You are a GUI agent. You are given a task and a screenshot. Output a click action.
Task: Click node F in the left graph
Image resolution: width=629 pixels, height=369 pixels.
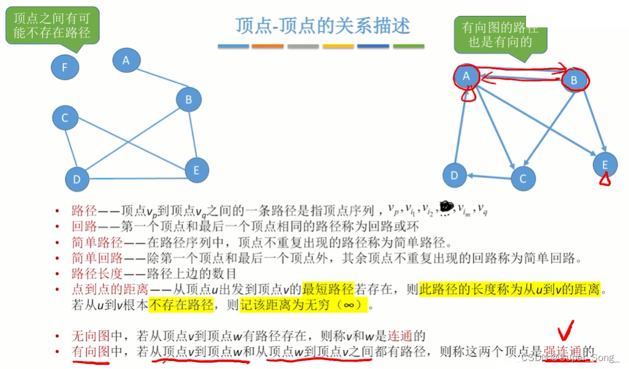tap(65, 67)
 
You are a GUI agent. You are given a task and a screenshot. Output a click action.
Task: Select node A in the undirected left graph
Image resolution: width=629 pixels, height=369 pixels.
tap(126, 60)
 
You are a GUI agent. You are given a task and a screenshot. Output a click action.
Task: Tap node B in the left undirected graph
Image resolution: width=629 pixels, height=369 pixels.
tap(189, 99)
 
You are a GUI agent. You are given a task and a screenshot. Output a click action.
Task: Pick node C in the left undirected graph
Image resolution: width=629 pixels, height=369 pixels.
tap(65, 118)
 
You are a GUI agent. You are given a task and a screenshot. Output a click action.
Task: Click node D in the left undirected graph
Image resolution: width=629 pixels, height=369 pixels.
tap(77, 179)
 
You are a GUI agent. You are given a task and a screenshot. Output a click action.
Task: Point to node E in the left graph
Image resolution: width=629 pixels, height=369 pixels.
tap(196, 170)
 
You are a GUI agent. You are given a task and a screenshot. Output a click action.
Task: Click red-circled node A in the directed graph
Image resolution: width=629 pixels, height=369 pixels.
tap(467, 76)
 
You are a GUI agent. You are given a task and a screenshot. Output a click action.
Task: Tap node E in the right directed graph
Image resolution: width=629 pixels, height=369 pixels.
tap(605, 164)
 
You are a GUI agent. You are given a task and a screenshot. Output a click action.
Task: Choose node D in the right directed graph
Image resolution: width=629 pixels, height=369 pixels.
tap(454, 176)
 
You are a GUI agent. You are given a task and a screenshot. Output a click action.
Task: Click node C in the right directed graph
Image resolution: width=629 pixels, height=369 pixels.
tap(522, 178)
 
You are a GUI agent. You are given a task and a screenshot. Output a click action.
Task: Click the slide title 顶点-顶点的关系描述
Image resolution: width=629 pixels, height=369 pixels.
tap(323, 26)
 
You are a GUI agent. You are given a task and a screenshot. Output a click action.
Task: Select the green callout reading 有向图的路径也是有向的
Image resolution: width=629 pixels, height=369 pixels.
tap(500, 35)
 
